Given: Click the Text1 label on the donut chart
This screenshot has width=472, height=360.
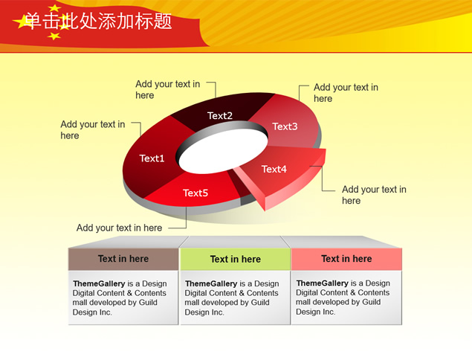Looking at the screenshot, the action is [152, 158].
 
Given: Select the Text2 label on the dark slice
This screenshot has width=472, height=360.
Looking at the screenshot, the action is [220, 115].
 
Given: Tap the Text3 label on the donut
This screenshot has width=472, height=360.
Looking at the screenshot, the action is [285, 126].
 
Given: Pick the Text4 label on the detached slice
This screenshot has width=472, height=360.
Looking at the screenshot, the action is [274, 169].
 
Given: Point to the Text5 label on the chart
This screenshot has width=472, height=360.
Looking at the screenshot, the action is [195, 193].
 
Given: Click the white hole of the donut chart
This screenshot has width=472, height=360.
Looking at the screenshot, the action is [223, 152].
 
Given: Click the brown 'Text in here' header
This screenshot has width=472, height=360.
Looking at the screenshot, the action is [123, 259].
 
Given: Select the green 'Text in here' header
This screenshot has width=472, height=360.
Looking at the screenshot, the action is [236, 259].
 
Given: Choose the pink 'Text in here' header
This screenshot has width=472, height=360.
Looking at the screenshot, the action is [346, 259].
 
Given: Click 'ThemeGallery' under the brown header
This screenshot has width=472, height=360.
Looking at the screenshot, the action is [99, 283].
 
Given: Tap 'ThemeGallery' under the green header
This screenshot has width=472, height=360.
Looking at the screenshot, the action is [211, 283].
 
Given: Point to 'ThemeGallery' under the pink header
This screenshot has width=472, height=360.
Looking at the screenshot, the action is [322, 283].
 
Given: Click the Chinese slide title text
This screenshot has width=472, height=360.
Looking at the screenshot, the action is [98, 21].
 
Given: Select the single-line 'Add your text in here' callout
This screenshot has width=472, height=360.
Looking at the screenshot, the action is [119, 228].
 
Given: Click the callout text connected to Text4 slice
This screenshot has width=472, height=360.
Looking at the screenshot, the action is [374, 195].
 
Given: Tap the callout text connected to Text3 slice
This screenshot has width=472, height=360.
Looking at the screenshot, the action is [346, 93].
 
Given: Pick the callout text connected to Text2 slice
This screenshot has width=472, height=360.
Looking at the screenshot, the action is [168, 89].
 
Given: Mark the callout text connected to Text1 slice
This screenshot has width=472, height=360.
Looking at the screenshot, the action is [93, 130].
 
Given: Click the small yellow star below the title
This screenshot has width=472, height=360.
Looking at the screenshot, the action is [54, 36].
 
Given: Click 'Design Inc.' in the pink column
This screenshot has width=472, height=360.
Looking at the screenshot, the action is [315, 312].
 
